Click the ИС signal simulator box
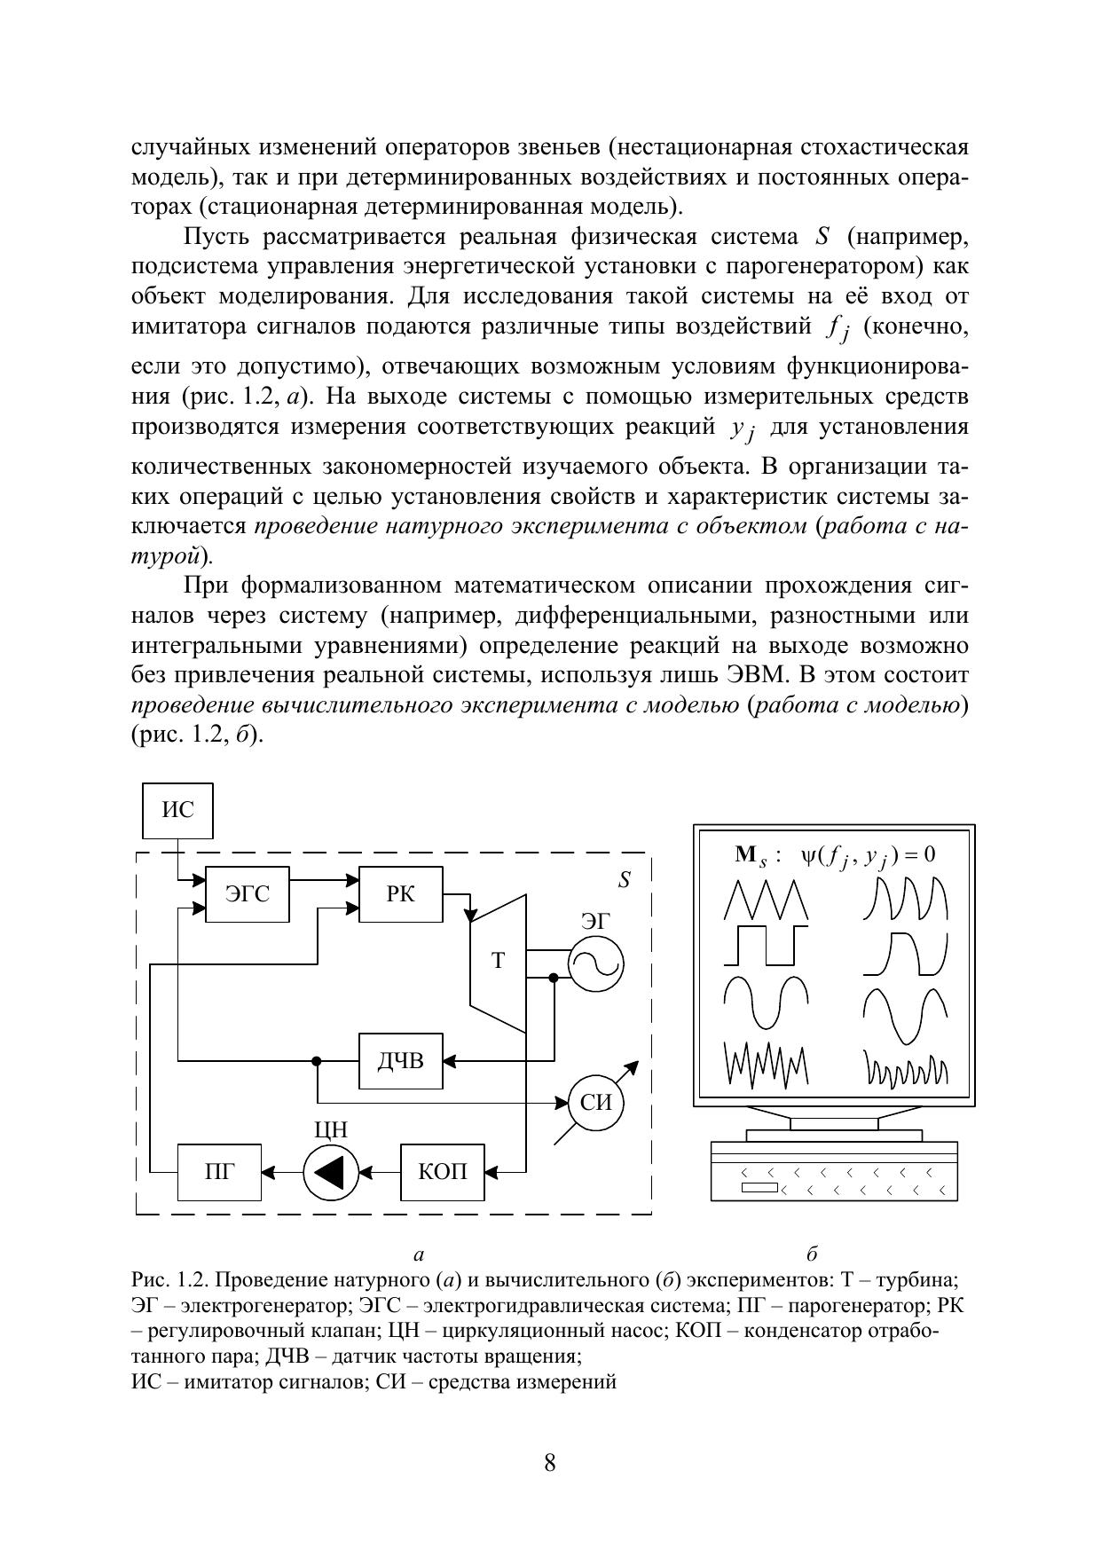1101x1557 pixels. [177, 810]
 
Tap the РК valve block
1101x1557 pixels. [400, 893]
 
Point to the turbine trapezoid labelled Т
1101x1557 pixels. [498, 962]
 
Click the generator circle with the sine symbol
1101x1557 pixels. [596, 963]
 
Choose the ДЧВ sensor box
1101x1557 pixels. [400, 1060]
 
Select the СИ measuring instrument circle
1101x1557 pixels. [595, 1103]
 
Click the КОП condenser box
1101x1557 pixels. [443, 1171]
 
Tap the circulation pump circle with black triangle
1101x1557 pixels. [330, 1172]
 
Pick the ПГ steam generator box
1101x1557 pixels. [219, 1171]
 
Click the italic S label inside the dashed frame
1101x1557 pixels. [625, 880]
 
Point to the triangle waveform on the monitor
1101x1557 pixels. [766, 900]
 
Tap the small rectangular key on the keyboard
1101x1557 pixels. [759, 1188]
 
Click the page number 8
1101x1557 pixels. [550, 1463]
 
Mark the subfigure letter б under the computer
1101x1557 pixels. [812, 1254]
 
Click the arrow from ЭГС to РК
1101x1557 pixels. [325, 881]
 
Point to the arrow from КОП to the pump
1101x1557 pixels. [380, 1172]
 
